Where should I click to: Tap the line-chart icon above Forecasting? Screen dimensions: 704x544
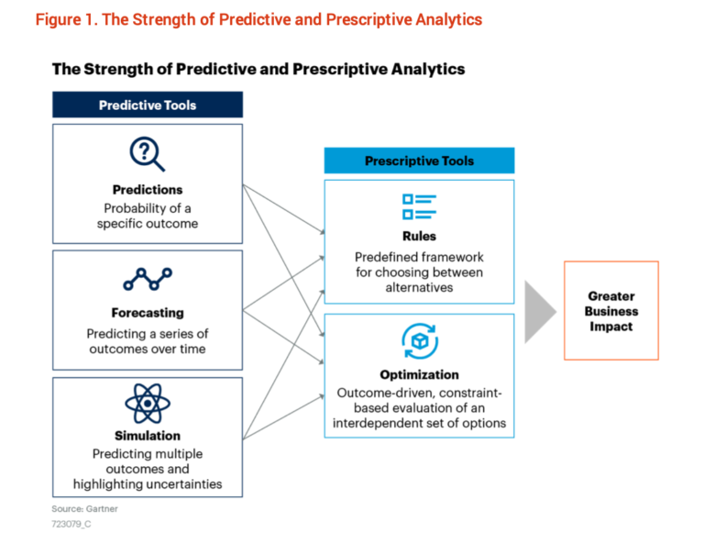tap(148, 279)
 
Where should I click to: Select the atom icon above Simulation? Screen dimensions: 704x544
tap(148, 404)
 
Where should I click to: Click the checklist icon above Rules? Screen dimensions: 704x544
tap(419, 206)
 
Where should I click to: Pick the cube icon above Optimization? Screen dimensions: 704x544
tap(420, 341)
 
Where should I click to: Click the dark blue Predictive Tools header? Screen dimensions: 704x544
tap(148, 105)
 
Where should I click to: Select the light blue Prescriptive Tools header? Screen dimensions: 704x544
tap(419, 161)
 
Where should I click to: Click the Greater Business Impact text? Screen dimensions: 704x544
tap(611, 311)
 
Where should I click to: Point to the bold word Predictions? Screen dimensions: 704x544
tap(148, 190)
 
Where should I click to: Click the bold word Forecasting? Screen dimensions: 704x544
tap(148, 313)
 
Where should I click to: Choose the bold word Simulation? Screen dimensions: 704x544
tap(148, 435)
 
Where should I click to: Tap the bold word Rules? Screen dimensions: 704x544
tap(419, 236)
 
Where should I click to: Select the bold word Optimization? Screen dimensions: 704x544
tap(419, 374)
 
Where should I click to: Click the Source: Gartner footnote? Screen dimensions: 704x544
tap(84, 508)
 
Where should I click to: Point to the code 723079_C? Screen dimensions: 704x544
tap(71, 524)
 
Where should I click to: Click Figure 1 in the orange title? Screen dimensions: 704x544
tap(66, 20)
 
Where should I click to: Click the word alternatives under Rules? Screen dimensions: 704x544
tap(419, 287)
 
